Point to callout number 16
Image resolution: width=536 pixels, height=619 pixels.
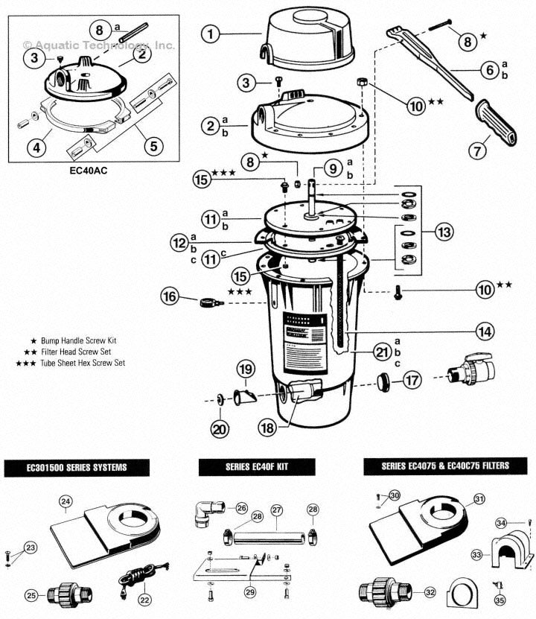[x=170, y=296]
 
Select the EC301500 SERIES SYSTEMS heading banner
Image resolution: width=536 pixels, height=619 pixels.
[x=77, y=468]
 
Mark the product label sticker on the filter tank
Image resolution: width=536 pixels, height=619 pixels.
[x=304, y=335]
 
